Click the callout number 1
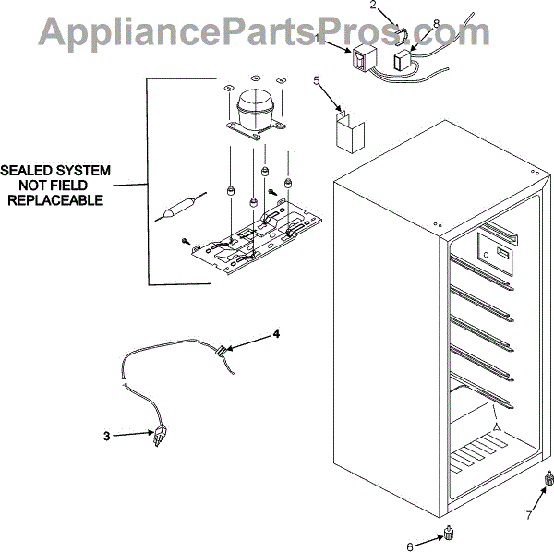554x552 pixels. pos(319,39)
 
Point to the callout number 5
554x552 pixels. pos(316,81)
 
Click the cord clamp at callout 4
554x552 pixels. pos(223,351)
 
